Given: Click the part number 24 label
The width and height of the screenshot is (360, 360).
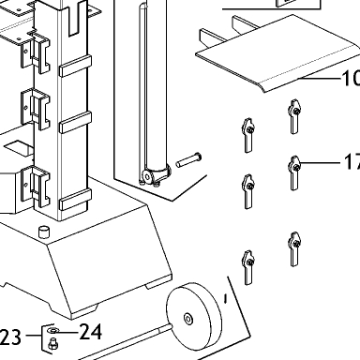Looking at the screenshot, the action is click(x=91, y=332).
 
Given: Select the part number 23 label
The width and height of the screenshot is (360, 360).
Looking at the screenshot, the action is click(x=10, y=337).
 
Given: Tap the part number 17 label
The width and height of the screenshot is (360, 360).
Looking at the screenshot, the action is click(x=352, y=162).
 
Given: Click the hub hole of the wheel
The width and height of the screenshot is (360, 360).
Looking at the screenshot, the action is click(x=187, y=319).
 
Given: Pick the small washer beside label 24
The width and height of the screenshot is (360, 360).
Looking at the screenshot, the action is click(x=52, y=330).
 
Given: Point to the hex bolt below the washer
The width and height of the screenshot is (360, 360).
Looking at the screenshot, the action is click(x=52, y=344).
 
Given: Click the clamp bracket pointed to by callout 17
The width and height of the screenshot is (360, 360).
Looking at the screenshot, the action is click(x=293, y=172).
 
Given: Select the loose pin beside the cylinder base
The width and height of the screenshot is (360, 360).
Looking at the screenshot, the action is click(x=188, y=159).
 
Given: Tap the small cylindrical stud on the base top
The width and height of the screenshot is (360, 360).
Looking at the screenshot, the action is click(x=44, y=232).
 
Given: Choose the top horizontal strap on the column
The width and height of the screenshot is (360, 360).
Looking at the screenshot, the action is click(x=75, y=66).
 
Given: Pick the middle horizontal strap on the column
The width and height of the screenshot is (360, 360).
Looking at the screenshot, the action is click(x=75, y=122).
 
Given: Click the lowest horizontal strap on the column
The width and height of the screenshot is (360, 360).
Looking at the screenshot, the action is click(x=75, y=200).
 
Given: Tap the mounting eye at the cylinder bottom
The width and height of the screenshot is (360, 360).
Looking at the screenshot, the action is click(x=147, y=176).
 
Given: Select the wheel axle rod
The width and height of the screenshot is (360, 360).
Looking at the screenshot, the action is click(x=125, y=342).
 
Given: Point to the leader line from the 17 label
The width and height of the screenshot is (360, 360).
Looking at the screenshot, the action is click(x=320, y=163).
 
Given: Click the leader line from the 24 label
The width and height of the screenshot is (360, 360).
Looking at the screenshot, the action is click(x=67, y=331).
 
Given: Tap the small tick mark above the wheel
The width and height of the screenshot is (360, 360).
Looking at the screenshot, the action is click(x=226, y=299).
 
